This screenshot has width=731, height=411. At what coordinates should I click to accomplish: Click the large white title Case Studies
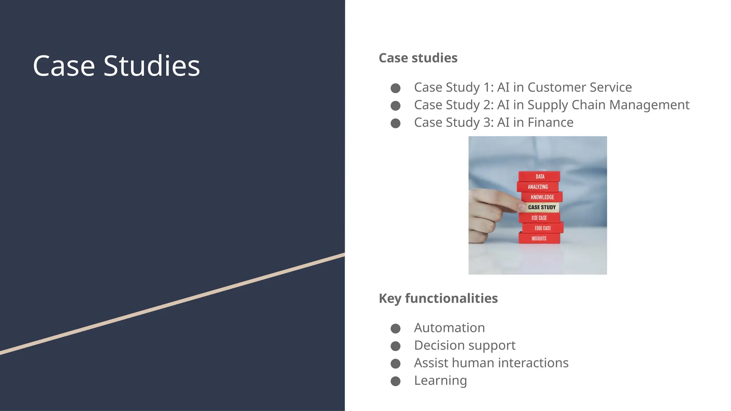coord(116,66)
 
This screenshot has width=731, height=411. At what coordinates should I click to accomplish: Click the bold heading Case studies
coord(418,58)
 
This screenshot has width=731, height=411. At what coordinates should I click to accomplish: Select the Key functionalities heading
coord(438,298)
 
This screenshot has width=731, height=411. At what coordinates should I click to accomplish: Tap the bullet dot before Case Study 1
coord(395,88)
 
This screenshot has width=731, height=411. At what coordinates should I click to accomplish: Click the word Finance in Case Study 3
coord(550,122)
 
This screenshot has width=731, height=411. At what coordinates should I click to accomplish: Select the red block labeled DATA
coord(539,177)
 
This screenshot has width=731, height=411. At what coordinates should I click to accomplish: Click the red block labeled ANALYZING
coord(538,187)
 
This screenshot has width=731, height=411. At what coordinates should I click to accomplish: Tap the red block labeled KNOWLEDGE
coord(542,197)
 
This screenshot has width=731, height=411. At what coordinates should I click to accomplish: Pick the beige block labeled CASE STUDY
coord(541,207)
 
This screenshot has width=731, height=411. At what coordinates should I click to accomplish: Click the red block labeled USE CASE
coord(539,218)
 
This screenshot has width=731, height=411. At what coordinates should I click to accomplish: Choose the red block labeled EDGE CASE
coord(543,228)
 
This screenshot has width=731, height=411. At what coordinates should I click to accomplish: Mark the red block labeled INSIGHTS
coord(539,238)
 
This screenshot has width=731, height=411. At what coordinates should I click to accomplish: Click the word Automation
coord(449,328)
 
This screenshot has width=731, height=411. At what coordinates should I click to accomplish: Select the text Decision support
coord(464,345)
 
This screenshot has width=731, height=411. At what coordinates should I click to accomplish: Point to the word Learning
coord(440,380)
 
